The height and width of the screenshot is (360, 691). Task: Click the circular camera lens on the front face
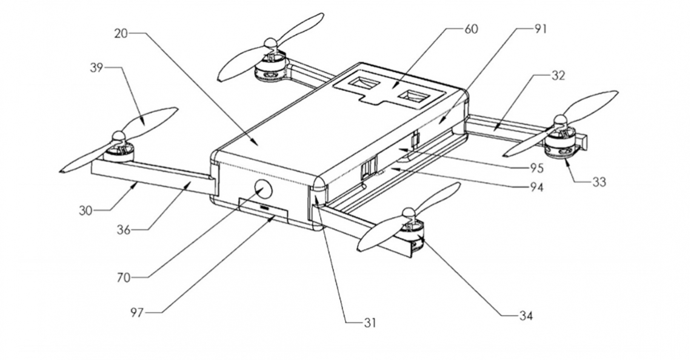tap(261, 190)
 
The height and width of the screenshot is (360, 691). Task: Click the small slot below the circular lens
tap(265, 207)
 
